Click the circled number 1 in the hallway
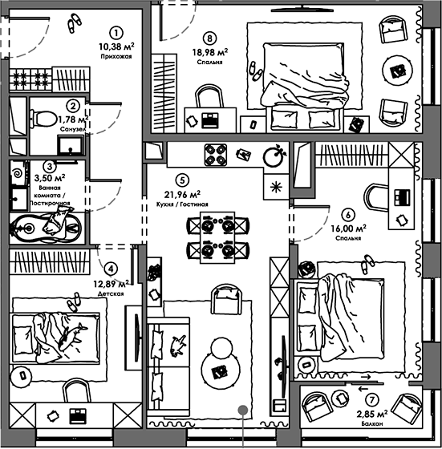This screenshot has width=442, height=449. coord(116,33)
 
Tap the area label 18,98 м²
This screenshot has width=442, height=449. coord(209,52)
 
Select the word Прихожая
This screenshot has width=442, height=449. coord(116,56)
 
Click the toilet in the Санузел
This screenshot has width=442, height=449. coord(43,119)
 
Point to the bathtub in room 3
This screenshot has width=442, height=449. coord(46,229)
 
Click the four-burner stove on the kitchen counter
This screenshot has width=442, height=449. coord(216,155)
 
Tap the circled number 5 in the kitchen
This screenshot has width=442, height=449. coord(182,180)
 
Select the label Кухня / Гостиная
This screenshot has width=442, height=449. coord(182,204)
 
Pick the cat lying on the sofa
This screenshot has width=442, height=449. coord(177,346)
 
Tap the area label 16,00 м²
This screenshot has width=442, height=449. coord(348,229)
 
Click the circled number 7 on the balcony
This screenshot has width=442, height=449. coord(372,400)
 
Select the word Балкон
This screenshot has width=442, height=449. coord(372,423)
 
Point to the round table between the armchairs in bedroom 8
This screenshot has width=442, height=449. coord(398,70)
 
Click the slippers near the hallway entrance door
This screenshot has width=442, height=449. coord(74,23)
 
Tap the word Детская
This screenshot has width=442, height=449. coord(111,293)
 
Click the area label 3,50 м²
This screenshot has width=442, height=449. coord(50,178)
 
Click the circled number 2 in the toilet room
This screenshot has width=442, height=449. coord(73,106)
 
